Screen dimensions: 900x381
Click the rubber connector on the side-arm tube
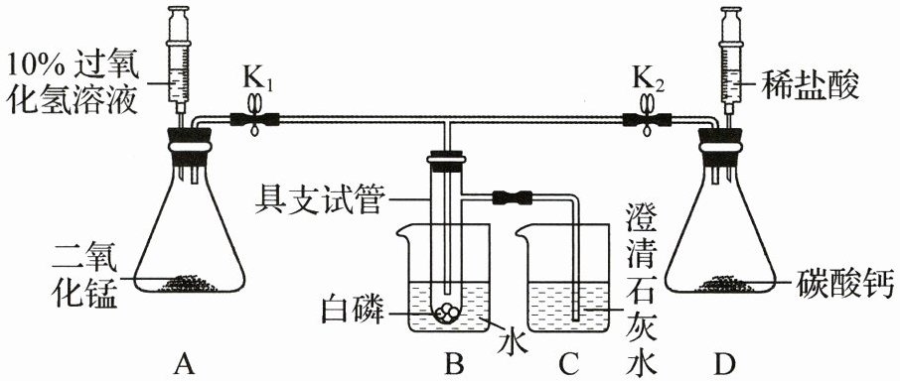512,197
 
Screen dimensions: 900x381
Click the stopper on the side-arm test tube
446,162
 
